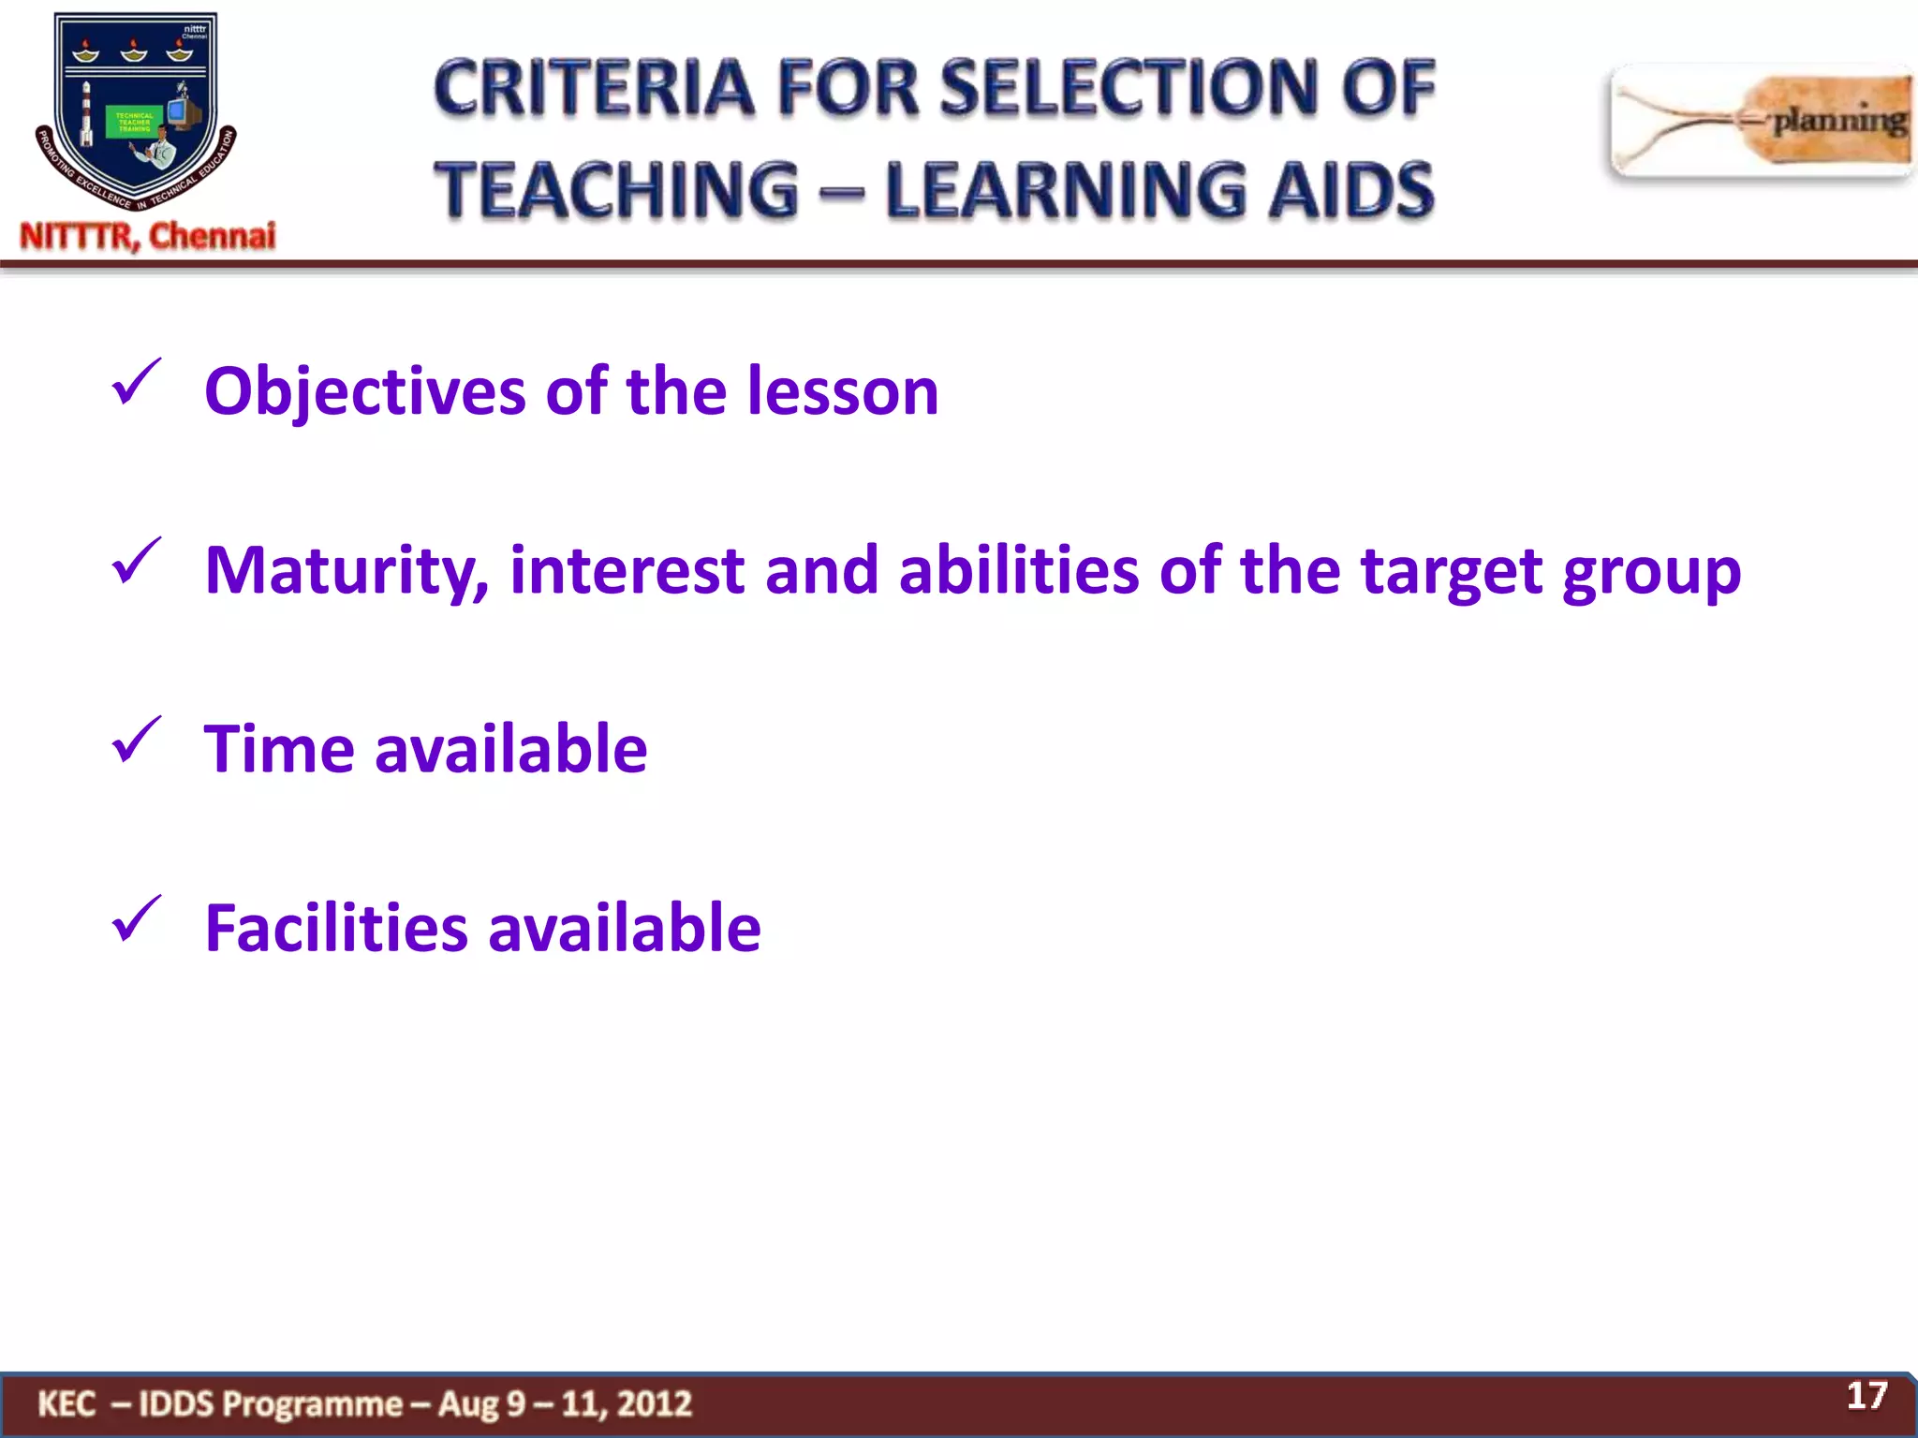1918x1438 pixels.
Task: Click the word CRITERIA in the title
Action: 594,88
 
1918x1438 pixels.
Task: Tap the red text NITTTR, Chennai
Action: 148,236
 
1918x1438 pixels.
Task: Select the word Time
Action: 279,750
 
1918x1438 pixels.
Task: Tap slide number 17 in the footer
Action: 1866,1396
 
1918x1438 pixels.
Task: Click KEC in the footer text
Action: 66,1404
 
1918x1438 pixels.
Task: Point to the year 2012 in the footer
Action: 655,1404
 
